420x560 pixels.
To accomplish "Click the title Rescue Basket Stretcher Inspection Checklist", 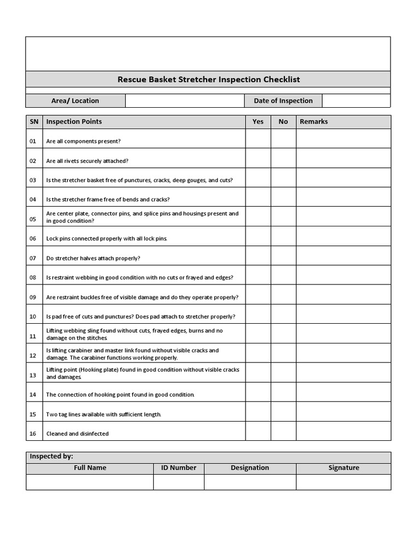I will (208, 79).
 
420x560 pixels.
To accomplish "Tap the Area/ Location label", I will (75, 101).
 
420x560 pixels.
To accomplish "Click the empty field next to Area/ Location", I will (185, 101).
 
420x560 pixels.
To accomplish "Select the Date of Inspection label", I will (283, 101).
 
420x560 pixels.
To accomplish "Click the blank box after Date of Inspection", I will (356, 101).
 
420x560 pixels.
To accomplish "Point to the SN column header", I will (34, 122).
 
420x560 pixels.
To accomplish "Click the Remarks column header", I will (313, 122).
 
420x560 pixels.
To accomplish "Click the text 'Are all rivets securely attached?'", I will (87, 161).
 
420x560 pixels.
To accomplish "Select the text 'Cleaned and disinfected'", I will (78, 434).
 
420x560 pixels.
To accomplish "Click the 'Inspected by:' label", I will (51, 457).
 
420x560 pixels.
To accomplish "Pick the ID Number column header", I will (178, 468).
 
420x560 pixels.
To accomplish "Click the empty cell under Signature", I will (343, 482).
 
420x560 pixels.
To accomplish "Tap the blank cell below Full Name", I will (90, 482).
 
